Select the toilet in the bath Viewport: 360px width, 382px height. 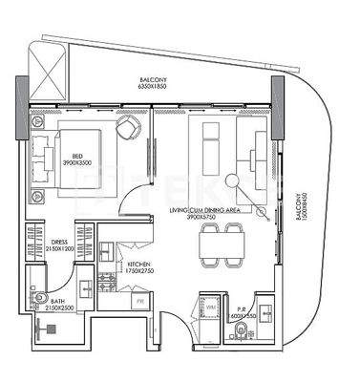pos(37,299)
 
